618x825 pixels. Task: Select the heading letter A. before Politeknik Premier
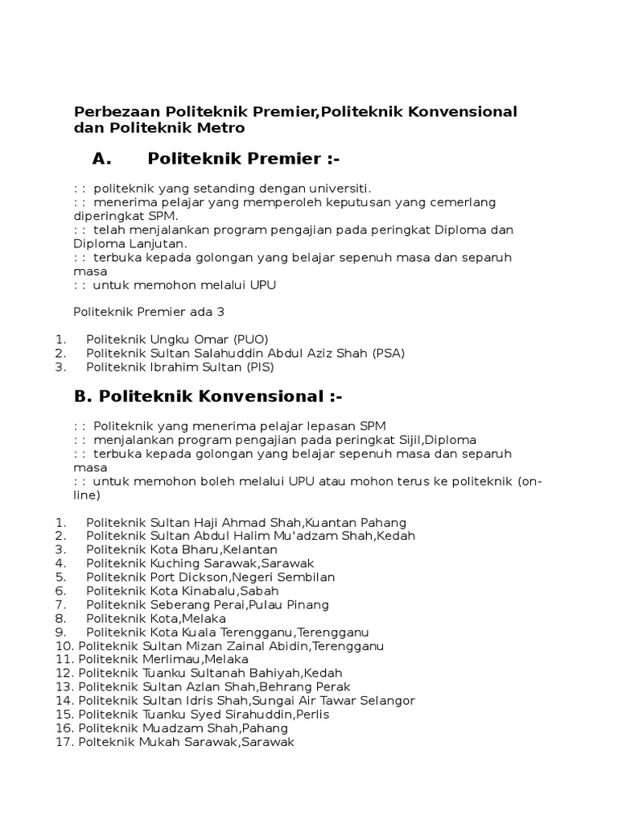(x=101, y=159)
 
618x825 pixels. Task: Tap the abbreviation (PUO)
(x=251, y=338)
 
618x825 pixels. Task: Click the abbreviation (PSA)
(x=388, y=353)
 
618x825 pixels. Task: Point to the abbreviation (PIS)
(x=256, y=367)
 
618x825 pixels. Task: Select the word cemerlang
(x=463, y=201)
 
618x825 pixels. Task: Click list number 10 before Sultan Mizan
(x=64, y=646)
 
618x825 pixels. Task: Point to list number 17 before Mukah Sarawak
(x=64, y=742)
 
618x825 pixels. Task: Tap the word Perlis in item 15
(x=313, y=714)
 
